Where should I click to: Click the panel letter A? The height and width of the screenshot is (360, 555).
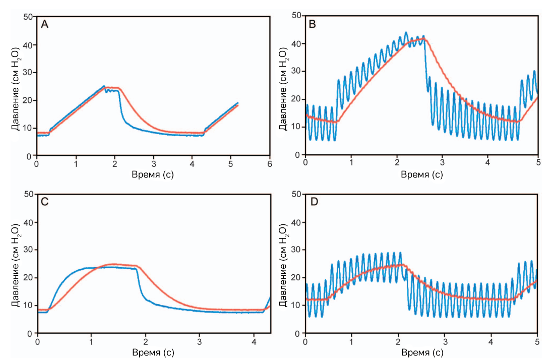click(x=44, y=24)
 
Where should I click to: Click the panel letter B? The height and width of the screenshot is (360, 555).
click(x=313, y=24)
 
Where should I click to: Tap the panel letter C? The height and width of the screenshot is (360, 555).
click(x=44, y=202)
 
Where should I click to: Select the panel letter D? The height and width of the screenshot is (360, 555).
click(x=314, y=202)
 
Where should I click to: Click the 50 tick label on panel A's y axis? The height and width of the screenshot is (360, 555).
click(x=28, y=17)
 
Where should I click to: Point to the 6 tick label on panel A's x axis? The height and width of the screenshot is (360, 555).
click(x=270, y=164)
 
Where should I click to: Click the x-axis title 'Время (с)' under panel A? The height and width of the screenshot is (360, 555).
click(x=153, y=175)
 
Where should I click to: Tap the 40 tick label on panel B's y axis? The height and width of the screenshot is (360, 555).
click(x=296, y=44)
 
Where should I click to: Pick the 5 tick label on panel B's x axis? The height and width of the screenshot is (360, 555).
click(x=538, y=163)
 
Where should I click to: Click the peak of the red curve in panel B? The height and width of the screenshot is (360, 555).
click(x=425, y=39)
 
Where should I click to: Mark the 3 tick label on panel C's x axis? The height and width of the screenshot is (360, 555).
click(x=200, y=342)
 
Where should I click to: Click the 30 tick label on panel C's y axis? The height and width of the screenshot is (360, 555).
click(x=28, y=250)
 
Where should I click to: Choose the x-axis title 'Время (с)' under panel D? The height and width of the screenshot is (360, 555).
click(x=422, y=352)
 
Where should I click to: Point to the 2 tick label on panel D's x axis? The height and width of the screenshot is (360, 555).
click(x=398, y=342)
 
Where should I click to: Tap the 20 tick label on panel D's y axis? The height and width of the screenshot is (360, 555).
click(x=296, y=278)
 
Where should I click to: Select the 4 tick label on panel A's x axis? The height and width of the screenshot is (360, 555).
click(x=192, y=164)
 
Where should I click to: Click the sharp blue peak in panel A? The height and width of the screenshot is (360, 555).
click(x=104, y=86)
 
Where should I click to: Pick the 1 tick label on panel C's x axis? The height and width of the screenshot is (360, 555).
click(x=91, y=342)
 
